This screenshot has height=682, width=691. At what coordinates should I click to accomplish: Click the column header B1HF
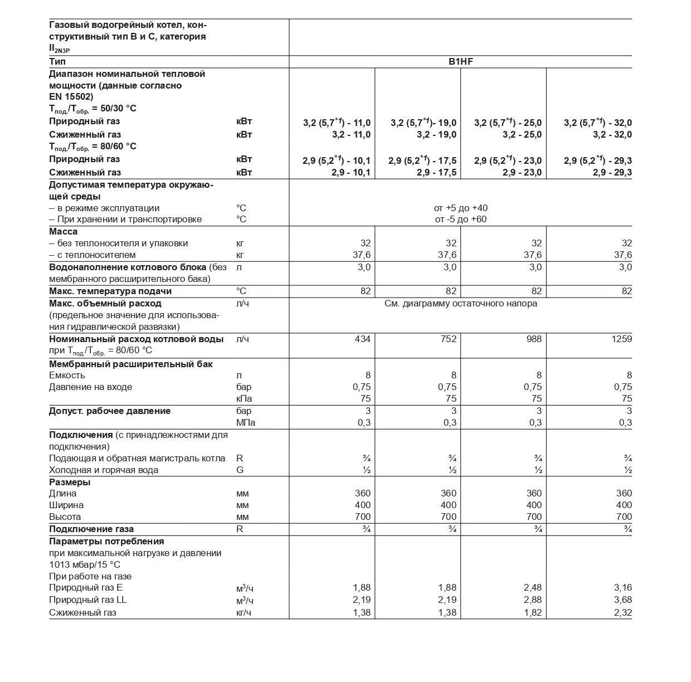(460, 62)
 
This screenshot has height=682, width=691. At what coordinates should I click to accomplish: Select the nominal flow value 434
(362, 339)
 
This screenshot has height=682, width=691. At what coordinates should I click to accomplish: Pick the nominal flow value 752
(448, 339)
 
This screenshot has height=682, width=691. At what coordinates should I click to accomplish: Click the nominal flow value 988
(534, 339)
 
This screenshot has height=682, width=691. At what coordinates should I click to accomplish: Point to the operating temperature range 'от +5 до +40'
(460, 208)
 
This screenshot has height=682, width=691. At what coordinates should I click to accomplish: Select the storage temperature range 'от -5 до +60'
(460, 219)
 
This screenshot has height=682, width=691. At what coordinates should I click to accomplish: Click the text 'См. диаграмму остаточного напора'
(460, 304)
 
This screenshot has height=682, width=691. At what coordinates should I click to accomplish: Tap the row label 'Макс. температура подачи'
(110, 291)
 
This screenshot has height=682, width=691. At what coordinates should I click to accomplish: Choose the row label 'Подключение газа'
(91, 529)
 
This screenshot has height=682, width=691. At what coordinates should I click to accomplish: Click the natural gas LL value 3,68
(621, 600)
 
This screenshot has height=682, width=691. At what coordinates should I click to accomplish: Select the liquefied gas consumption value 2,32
(621, 612)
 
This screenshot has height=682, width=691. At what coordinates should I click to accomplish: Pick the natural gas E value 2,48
(533, 587)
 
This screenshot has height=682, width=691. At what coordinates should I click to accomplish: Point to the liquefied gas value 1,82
(533, 612)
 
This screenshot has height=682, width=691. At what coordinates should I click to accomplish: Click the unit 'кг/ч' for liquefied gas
(245, 612)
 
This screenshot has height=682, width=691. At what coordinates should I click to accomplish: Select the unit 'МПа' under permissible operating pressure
(246, 422)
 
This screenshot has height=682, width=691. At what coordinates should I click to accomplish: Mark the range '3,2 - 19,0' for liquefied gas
(436, 134)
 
